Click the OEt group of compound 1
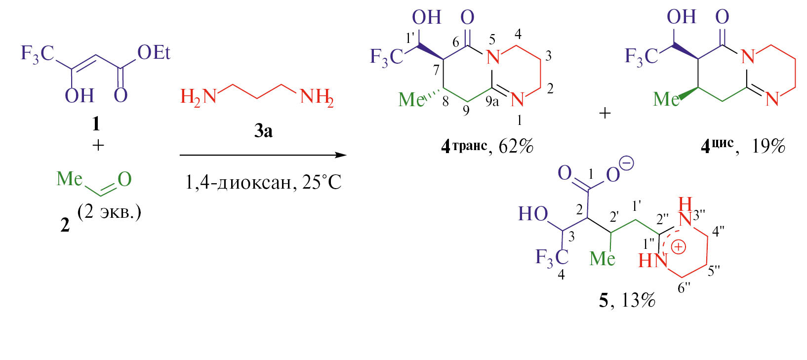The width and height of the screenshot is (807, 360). pos(154,53)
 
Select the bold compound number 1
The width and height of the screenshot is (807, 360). pos(96,124)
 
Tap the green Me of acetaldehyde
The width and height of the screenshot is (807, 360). pos(70,179)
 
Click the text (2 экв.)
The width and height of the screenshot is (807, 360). pos(109,213)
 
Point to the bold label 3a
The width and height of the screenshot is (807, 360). pos(263,131)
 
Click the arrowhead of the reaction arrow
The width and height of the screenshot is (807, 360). pos(340,156)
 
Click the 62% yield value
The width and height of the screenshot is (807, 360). pos(516,147)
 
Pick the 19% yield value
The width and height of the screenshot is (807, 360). pos(768,147)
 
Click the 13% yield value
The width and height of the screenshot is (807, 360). pos(638,300)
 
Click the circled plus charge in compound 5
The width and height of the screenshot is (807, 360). pos(679,247)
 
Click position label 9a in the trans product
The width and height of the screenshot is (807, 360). pos(492,102)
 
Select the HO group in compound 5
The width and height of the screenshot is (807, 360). pos(533,214)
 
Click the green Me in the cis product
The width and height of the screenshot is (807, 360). pos(666,99)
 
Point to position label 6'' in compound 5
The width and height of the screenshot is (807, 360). pos(684,288)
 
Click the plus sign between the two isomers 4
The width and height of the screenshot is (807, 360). pos(605,114)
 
